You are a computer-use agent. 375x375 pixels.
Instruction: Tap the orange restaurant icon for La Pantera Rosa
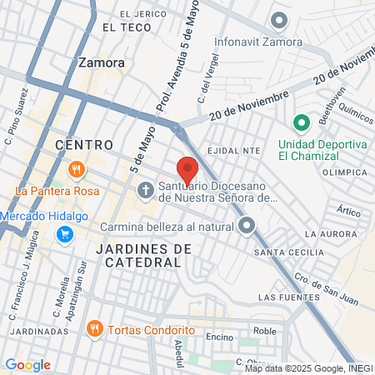(77, 170)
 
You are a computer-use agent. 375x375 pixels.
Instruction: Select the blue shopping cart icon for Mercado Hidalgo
(63, 234)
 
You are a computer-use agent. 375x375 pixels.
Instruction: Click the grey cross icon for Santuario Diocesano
(145, 191)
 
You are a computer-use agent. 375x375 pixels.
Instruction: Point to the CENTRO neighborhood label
(83, 145)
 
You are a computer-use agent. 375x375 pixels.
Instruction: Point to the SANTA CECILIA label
(288, 252)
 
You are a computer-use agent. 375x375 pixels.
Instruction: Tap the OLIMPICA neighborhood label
(344, 172)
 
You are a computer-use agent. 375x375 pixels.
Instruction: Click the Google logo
(27, 364)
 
